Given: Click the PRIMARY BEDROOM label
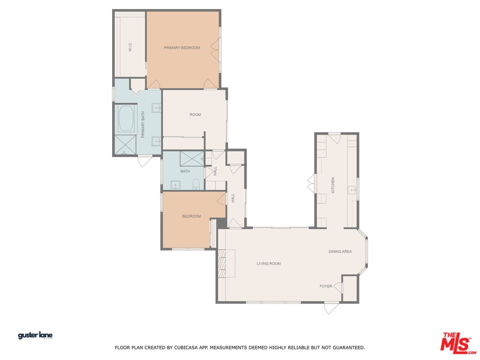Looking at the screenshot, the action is tap(181, 48).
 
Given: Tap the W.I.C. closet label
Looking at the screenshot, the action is tap(130, 47).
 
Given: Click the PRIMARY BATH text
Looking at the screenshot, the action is tap(142, 124).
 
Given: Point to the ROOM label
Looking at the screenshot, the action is tap(195, 114).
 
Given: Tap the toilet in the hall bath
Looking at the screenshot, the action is tap(196, 184).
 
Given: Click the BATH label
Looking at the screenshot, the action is tap(185, 171).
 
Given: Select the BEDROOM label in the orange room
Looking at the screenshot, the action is tap(191, 216).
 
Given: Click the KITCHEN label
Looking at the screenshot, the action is tap(333, 185).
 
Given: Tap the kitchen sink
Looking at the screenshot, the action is tap(352, 190).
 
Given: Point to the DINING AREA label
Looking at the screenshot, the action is tap(340, 251).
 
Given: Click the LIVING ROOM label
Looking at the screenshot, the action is tap(269, 263).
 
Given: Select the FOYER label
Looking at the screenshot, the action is tap(325, 286).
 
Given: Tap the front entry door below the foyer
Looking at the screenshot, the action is tap(332, 307).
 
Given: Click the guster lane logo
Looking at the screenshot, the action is tap(35, 335).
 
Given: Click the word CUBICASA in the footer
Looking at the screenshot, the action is tap(186, 347).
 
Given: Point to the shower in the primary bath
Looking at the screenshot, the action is tap(125, 145).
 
